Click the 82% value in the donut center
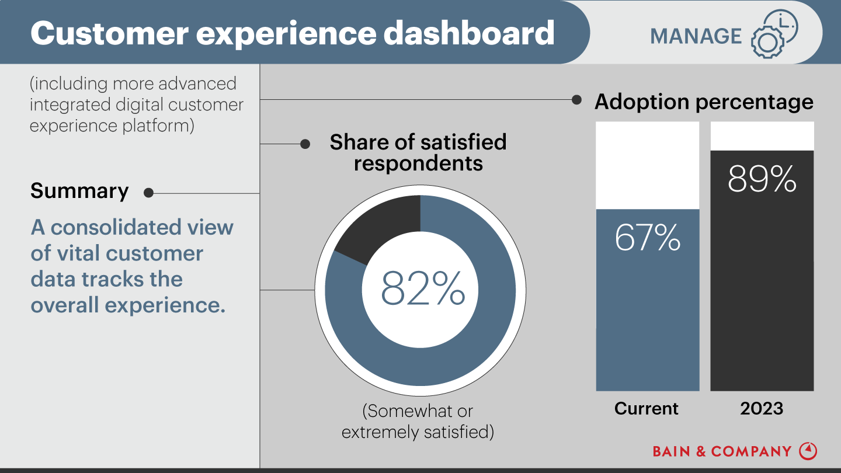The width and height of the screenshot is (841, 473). point(423,288)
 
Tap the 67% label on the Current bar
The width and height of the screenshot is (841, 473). point(647,238)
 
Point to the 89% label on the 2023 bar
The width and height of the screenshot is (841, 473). point(762,179)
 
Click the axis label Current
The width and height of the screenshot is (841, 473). point(647,408)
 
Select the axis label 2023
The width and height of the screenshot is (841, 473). point(762,408)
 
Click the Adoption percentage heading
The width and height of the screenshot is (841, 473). point(704,102)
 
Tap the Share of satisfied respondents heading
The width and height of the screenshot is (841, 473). point(418,152)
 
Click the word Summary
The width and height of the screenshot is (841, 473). point(79,191)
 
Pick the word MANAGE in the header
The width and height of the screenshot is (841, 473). point(696,36)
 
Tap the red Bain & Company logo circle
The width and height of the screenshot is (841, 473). point(808,451)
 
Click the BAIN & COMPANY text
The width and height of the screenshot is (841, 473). point(722,451)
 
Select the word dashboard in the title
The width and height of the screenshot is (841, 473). point(470,33)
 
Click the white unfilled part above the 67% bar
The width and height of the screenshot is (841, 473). point(647,165)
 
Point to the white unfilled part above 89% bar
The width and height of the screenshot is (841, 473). point(762,135)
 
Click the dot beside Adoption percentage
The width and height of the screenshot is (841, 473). point(576,100)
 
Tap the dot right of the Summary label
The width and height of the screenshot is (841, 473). point(148,193)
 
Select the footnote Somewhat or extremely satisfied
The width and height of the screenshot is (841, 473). point(418,422)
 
